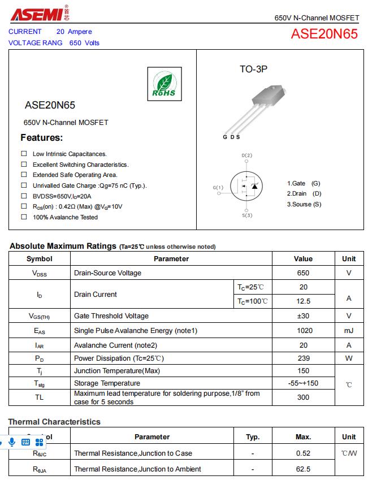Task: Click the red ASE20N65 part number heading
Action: click(x=324, y=34)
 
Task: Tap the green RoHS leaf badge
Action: click(x=164, y=84)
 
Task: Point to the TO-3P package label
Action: click(x=253, y=69)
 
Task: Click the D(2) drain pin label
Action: click(x=247, y=155)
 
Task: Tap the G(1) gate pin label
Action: click(x=218, y=187)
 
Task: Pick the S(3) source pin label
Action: click(x=247, y=215)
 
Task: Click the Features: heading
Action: click(x=42, y=137)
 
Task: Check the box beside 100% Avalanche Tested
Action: click(x=24, y=217)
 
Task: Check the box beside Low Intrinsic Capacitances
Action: click(x=24, y=154)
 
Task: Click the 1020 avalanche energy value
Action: click(x=303, y=331)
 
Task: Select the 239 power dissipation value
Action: click(x=303, y=358)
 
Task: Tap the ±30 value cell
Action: click(x=303, y=316)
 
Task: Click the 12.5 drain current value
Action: click(x=303, y=301)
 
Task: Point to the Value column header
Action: click(x=303, y=259)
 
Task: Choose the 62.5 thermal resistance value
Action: click(x=303, y=469)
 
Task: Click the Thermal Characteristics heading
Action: click(x=54, y=422)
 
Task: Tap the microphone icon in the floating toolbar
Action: click(x=12, y=442)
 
